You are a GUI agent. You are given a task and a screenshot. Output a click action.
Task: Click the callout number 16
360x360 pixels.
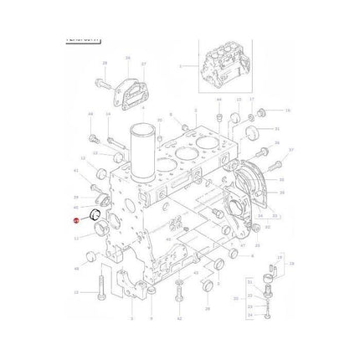(x=288, y=110)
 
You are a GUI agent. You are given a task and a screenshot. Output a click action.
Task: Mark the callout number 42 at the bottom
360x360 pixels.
(x=179, y=320)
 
